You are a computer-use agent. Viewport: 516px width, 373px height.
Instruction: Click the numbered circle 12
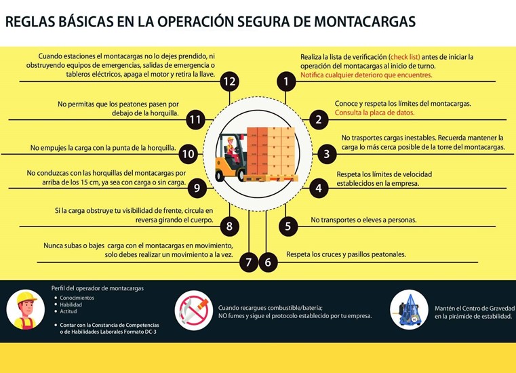pyautogui.click(x=229, y=82)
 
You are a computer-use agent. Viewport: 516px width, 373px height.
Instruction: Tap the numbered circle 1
pyautogui.click(x=286, y=82)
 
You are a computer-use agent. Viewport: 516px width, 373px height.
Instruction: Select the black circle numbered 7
pyautogui.click(x=250, y=262)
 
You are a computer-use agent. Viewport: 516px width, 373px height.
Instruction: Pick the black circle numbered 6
pyautogui.click(x=268, y=262)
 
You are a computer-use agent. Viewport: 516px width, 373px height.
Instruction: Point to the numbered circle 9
pyautogui.click(x=196, y=189)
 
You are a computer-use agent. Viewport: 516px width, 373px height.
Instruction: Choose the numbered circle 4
pyautogui.click(x=319, y=189)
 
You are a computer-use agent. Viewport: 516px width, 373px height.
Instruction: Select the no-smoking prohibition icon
pyautogui.click(x=194, y=310)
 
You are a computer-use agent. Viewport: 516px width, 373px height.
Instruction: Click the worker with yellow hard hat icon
pyautogui.click(x=26, y=310)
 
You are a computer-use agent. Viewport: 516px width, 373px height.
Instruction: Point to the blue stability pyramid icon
pyautogui.click(x=409, y=310)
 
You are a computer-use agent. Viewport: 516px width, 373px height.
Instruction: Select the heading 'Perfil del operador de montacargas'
pyautogui.click(x=98, y=288)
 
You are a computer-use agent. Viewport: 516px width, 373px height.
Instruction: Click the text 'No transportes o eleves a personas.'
pyautogui.click(x=363, y=220)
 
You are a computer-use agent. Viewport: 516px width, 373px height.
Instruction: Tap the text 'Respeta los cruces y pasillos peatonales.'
pyautogui.click(x=346, y=254)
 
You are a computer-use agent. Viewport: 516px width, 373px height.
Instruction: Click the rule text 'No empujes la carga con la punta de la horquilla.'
pyautogui.click(x=104, y=147)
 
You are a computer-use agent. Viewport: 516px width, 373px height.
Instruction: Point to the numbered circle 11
pyautogui.click(x=196, y=120)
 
